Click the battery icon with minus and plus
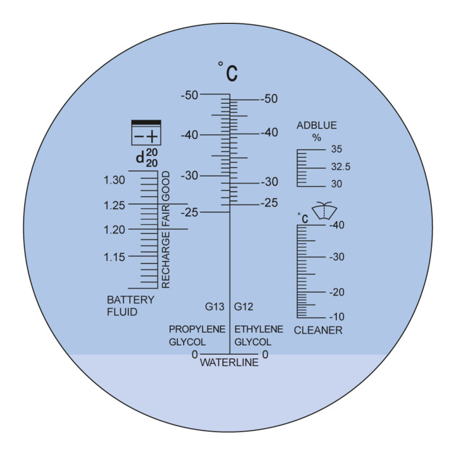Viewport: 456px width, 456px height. point(146,132)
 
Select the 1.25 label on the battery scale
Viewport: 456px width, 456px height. point(114,205)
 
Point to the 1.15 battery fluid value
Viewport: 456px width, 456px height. point(114,257)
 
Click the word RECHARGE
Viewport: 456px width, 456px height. point(165,260)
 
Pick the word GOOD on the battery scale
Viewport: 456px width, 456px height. point(165,186)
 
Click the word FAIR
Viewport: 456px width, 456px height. point(165,216)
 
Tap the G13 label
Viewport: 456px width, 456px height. point(215,307)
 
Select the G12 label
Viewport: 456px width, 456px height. point(244,307)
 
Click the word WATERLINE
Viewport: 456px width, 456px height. point(229,363)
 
